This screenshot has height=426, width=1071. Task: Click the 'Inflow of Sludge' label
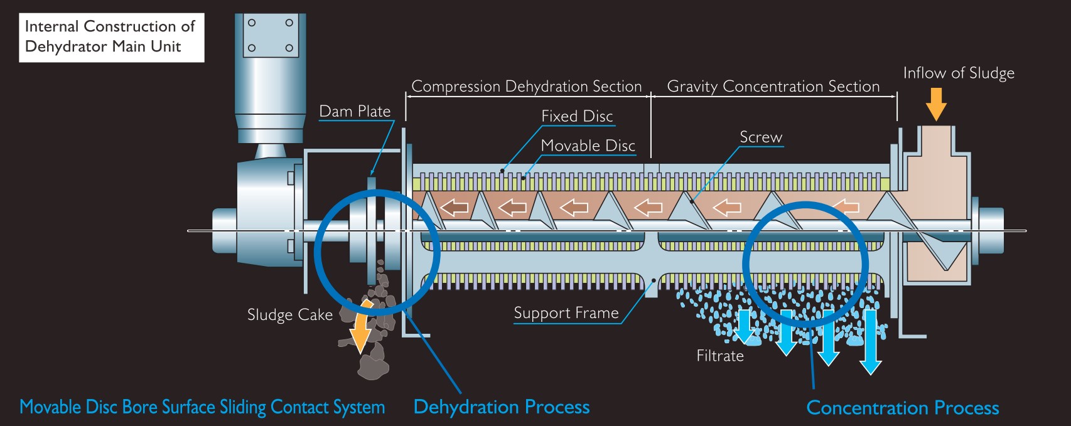[959, 73]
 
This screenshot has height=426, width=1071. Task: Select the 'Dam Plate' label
[355, 112]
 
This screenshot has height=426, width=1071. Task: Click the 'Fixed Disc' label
[577, 116]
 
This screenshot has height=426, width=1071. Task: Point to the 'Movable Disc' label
[588, 146]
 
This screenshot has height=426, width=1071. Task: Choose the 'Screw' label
[761, 137]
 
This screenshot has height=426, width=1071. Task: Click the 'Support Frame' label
[566, 313]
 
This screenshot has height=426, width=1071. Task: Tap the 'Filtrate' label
[720, 356]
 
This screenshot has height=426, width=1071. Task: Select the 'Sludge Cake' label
[289, 315]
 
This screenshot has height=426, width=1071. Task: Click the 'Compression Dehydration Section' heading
[526, 87]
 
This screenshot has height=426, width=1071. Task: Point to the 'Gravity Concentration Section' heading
[773, 87]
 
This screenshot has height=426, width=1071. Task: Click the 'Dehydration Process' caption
[502, 407]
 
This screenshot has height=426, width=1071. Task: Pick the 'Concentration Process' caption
[902, 408]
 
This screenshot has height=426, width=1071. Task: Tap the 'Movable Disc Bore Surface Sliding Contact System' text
[202, 407]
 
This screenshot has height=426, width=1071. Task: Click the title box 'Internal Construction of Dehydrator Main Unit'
[111, 37]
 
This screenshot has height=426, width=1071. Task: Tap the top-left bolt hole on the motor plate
[252, 23]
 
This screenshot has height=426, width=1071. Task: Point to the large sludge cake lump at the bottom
[373, 362]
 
